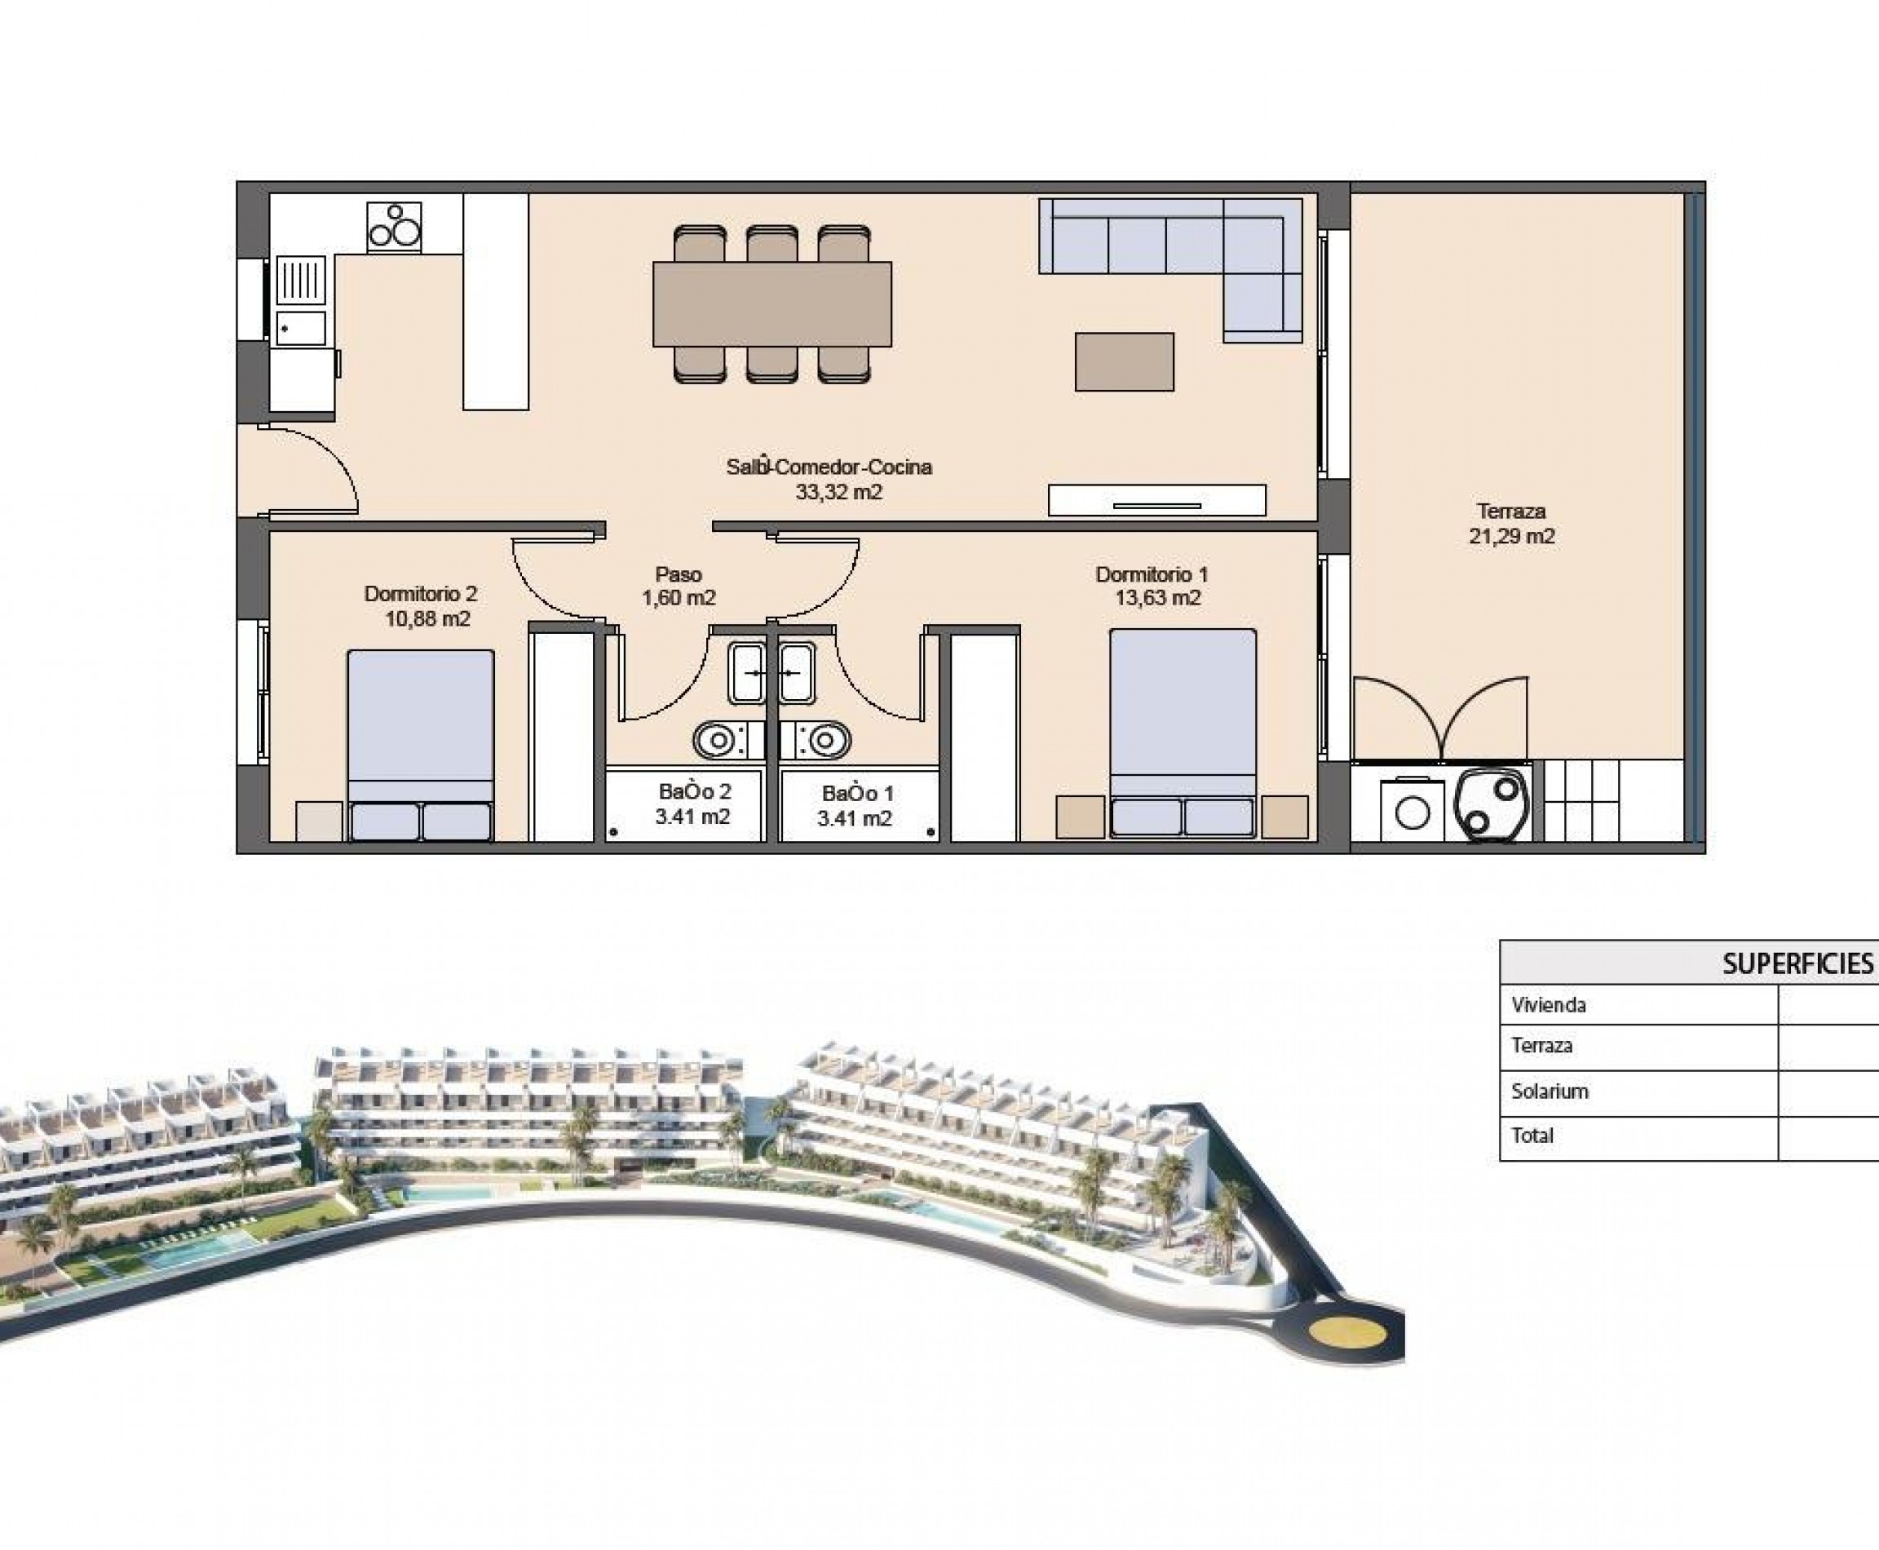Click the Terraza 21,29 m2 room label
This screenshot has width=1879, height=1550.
(x=1511, y=524)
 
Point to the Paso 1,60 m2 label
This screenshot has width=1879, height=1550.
(x=679, y=586)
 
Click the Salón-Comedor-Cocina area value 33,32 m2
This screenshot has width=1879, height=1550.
(x=838, y=492)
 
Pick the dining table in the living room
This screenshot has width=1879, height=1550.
(x=772, y=303)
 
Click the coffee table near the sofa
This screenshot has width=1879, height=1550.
(x=1124, y=361)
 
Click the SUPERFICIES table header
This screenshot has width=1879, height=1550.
(x=1796, y=964)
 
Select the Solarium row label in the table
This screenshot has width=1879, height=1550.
(x=1550, y=1091)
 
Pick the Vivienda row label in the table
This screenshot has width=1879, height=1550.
(x=1549, y=1005)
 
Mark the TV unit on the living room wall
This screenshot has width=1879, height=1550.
(x=1157, y=500)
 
